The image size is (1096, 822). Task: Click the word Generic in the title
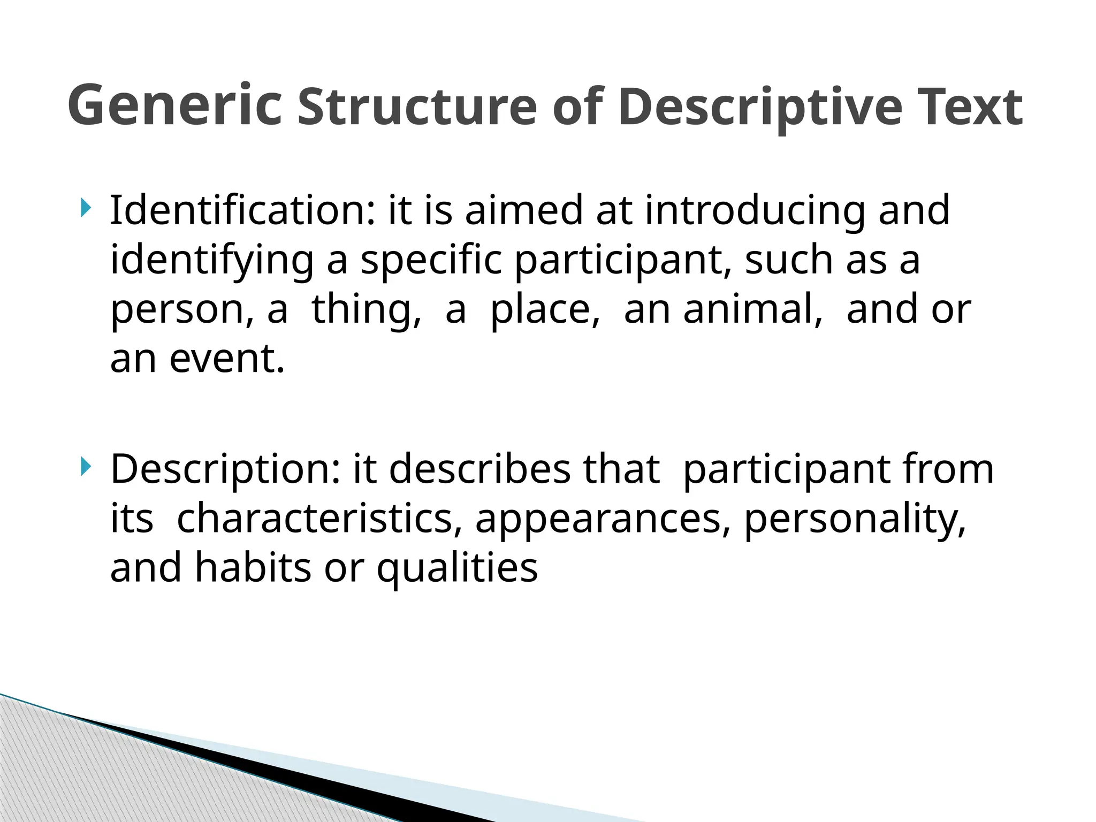[x=174, y=105]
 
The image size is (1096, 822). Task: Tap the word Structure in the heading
[x=417, y=106]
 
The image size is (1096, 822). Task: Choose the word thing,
[x=367, y=310]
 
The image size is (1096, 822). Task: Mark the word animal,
[x=753, y=309]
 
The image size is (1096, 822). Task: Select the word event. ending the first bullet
[x=227, y=359]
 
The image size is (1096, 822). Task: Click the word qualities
[x=457, y=568]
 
